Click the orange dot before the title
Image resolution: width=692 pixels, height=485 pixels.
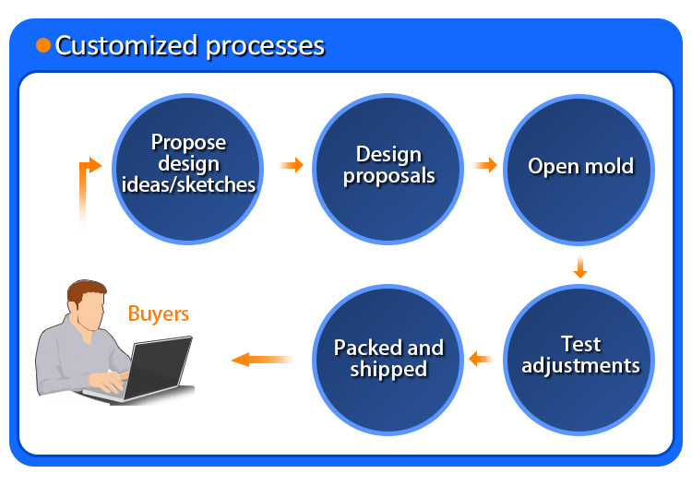point(43,45)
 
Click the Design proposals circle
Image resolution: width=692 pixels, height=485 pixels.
point(388,165)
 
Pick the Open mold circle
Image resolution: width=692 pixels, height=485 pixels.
point(580,167)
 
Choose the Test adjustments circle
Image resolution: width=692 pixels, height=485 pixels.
point(580,355)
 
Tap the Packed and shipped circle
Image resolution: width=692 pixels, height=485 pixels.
point(388,359)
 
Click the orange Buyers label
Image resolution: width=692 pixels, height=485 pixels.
point(158,313)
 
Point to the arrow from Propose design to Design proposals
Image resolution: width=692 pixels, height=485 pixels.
point(292,166)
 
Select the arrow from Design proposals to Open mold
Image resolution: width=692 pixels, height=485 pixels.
point(485,166)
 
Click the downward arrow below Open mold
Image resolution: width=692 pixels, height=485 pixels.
point(579,267)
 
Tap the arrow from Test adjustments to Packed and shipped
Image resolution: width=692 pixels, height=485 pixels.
point(482,359)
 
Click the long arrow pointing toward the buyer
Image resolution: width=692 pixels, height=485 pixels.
point(262,359)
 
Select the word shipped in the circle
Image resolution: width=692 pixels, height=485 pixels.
point(388,370)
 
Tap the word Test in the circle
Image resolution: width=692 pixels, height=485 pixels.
point(580,344)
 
